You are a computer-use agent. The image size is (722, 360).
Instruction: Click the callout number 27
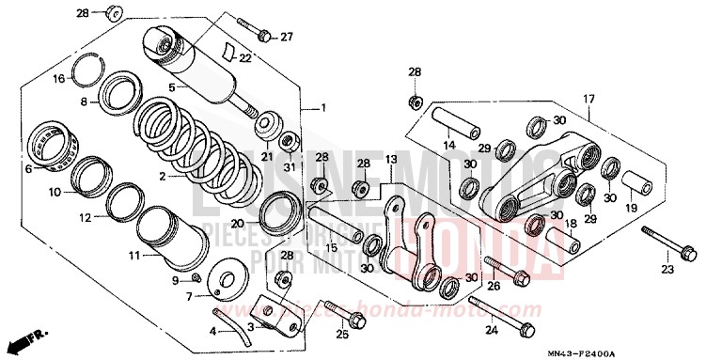pyautogui.click(x=287, y=38)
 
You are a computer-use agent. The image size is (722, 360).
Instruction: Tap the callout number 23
pyautogui.click(x=667, y=269)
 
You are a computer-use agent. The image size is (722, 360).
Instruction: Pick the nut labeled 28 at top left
pyautogui.click(x=112, y=12)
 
